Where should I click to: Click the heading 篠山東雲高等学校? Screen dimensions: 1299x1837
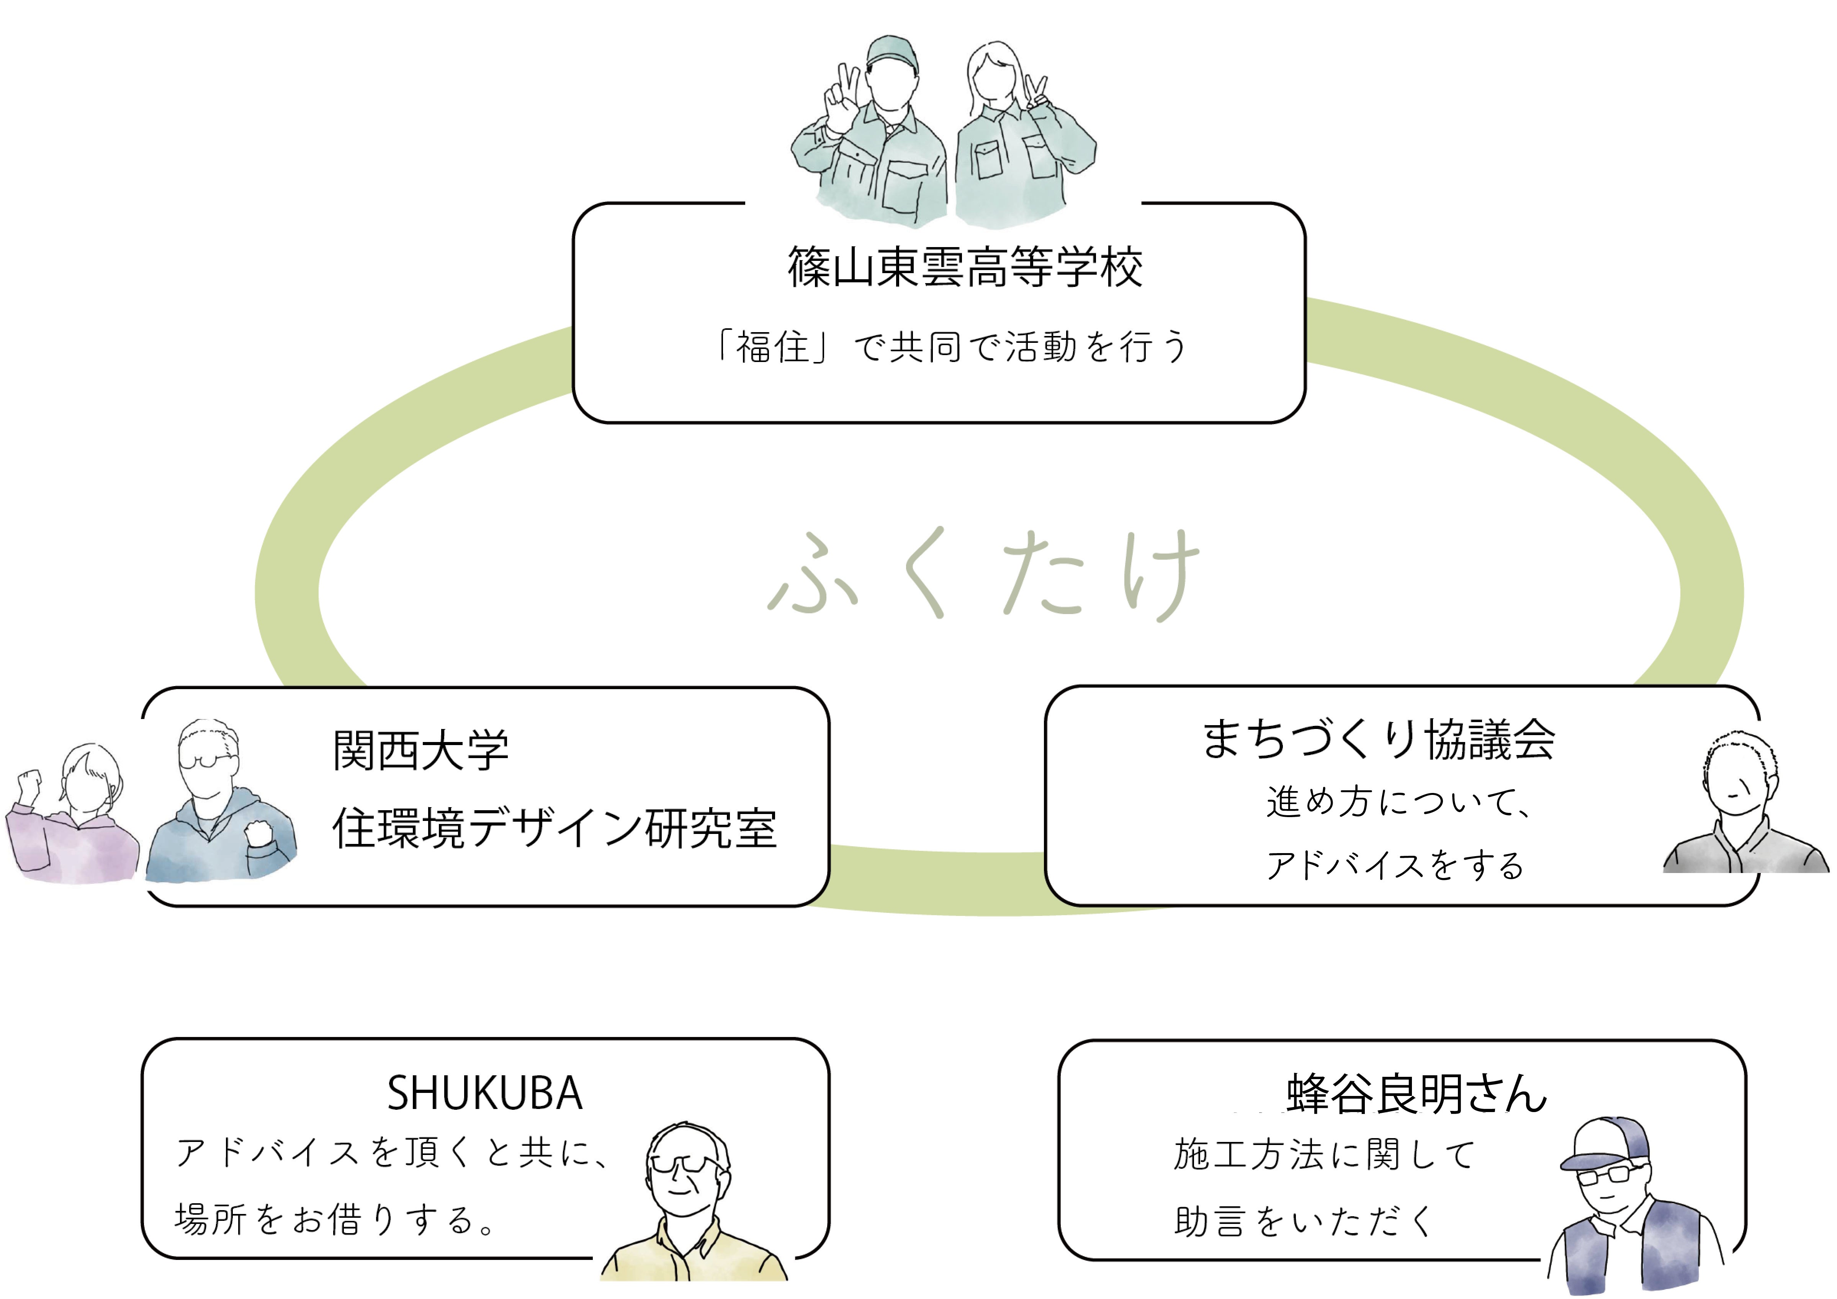[x=965, y=267]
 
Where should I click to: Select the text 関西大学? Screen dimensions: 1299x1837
[x=421, y=751]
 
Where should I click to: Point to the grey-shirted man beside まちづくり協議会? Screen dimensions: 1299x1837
[x=1744, y=808]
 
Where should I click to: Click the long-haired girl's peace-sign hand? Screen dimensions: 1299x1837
[x=1037, y=92]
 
